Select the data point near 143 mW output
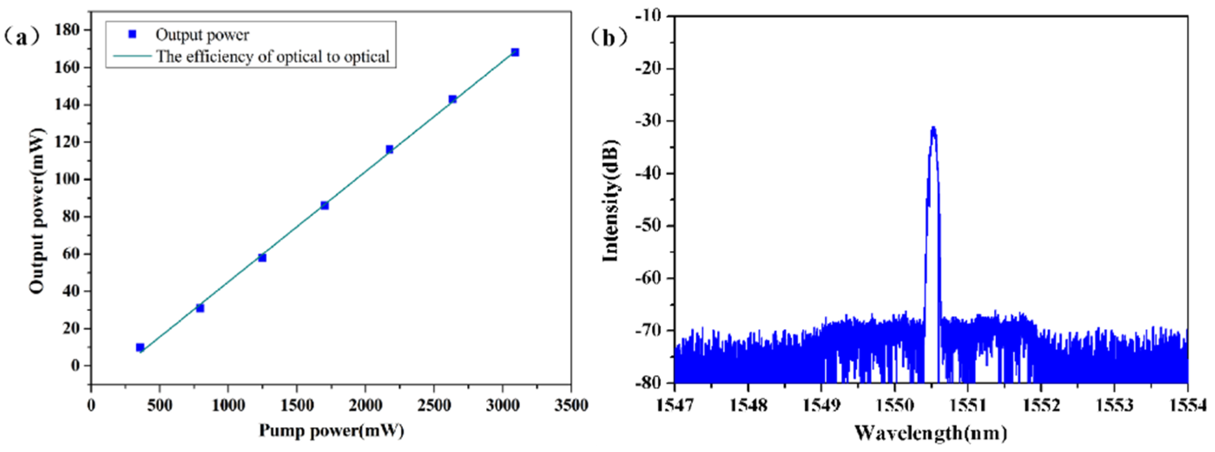(x=452, y=99)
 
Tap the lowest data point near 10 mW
(x=140, y=347)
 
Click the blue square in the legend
(x=132, y=34)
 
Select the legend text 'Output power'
(x=202, y=34)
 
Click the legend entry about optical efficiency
(x=272, y=56)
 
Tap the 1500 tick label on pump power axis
(x=296, y=405)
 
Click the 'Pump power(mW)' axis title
(x=331, y=430)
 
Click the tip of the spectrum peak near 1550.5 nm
(x=933, y=127)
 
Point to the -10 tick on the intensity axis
(x=648, y=16)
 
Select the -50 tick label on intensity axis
(x=648, y=226)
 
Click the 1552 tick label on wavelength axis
(x=1040, y=405)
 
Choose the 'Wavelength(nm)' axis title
(x=931, y=432)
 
